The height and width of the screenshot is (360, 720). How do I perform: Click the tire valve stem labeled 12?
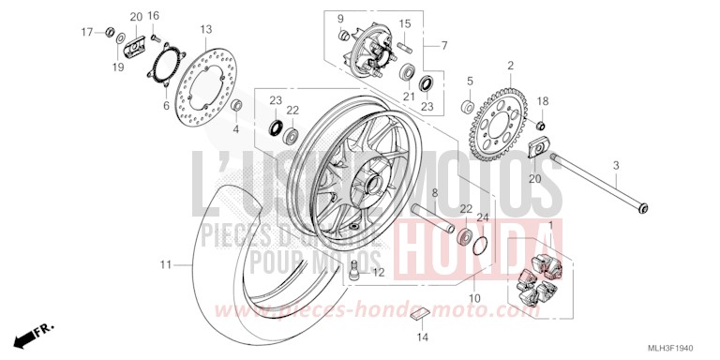(356, 274)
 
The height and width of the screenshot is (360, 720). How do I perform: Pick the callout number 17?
(84, 33)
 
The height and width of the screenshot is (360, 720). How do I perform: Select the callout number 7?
(444, 45)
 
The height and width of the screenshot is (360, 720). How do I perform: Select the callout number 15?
(405, 23)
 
